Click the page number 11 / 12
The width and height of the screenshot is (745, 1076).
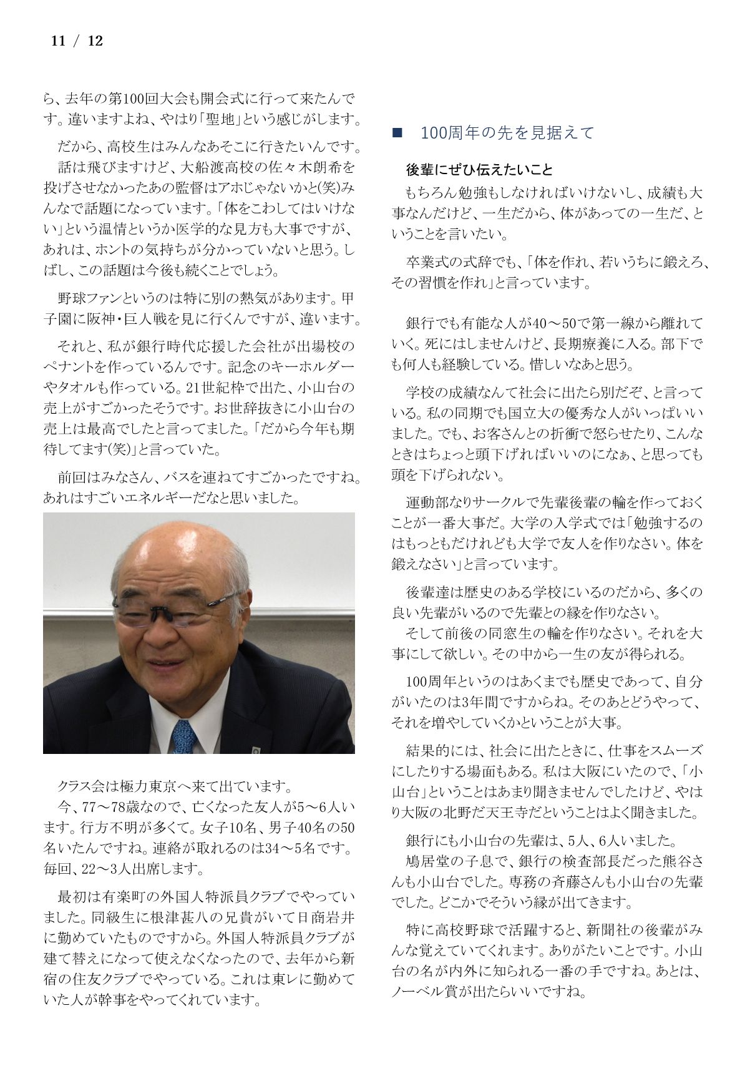tap(76, 41)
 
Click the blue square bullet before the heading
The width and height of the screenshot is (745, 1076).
tap(396, 133)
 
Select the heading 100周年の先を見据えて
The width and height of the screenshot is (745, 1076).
tap(507, 133)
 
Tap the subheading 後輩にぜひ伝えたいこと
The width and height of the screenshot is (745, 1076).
tap(479, 170)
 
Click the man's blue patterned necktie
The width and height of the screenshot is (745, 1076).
tap(184, 736)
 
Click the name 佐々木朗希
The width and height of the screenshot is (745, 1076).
tap(313, 167)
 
